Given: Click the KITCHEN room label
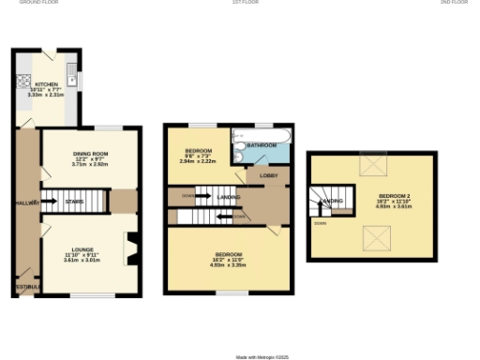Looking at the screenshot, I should pyautogui.click(x=38, y=83).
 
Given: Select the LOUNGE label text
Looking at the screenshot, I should pyautogui.click(x=82, y=248).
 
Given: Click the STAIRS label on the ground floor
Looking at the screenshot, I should pyautogui.click(x=74, y=201).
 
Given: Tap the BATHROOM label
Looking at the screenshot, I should pyautogui.click(x=262, y=145).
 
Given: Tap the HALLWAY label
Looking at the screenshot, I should pyautogui.click(x=25, y=202).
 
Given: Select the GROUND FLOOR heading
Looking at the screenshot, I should pyautogui.click(x=39, y=3).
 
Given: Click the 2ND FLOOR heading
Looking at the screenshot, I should pyautogui.click(x=454, y=3).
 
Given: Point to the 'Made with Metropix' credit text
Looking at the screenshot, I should pyautogui.click(x=262, y=356).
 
